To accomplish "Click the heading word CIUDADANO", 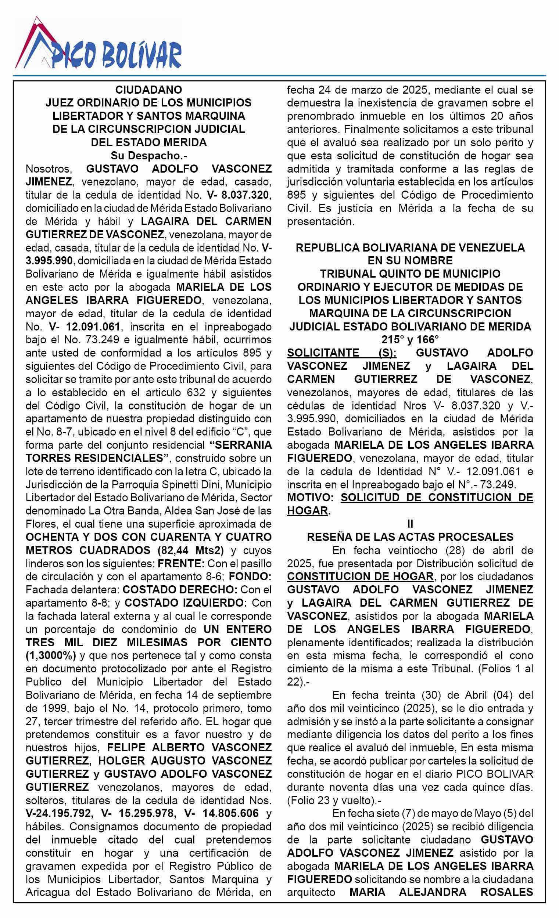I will (148, 90).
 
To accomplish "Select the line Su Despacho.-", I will (148, 155).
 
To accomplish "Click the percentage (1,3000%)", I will (51, 655).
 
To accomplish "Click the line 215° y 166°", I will (410, 340).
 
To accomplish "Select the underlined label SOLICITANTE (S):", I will (341, 353).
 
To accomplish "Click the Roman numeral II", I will (410, 524).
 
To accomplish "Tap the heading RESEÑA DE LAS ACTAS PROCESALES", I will (410, 537).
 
